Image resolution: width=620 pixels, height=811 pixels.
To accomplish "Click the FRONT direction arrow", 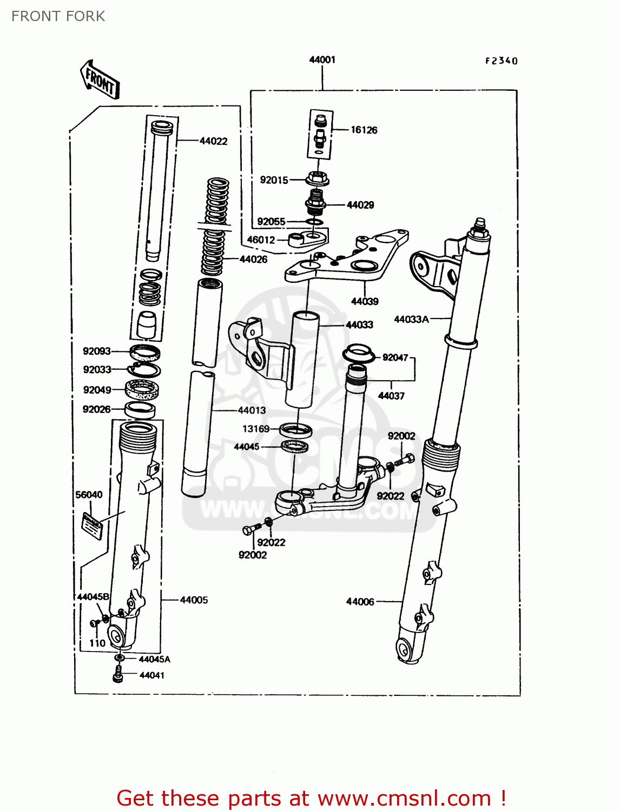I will [x=100, y=79].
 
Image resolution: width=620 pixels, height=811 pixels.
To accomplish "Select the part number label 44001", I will [x=322, y=59].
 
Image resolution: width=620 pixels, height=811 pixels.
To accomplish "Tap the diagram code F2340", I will [x=501, y=61].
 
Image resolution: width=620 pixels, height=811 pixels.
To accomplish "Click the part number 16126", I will [x=364, y=130].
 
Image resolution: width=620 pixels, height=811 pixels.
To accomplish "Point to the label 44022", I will [x=213, y=141].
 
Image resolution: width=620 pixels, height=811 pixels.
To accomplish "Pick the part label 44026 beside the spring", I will [x=253, y=260].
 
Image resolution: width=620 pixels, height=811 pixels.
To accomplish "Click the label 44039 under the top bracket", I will [x=365, y=301].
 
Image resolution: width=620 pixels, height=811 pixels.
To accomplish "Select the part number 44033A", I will [x=411, y=319].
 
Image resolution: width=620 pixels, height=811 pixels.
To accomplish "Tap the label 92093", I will [x=96, y=351].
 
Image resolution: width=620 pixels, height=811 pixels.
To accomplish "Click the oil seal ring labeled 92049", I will [x=142, y=389].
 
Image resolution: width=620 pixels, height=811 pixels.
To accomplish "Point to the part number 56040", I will [x=89, y=495].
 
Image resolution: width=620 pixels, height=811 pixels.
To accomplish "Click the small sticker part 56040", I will [x=92, y=526].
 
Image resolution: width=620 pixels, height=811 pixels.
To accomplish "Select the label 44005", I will [x=194, y=600].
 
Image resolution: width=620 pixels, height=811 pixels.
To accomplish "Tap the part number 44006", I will [x=360, y=602].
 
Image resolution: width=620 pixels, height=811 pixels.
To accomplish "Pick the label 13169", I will [x=255, y=429].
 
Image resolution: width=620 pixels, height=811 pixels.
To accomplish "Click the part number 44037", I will [x=391, y=396].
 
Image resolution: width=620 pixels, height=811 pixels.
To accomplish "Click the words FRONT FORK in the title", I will [x=58, y=16].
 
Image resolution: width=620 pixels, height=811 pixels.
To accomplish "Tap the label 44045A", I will [x=154, y=659].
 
